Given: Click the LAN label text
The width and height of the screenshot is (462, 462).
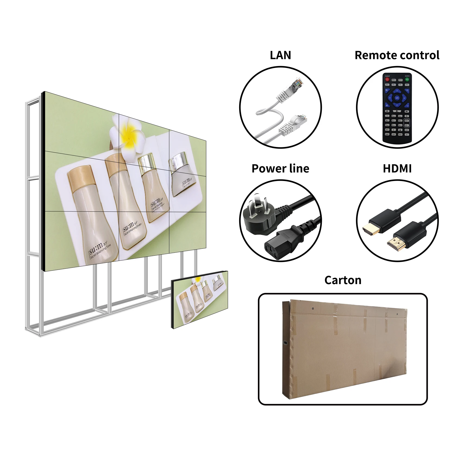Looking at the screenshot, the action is point(280,55).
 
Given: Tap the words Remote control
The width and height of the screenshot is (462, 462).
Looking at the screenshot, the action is point(397,55).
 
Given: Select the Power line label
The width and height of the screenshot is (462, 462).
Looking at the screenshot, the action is point(280,168).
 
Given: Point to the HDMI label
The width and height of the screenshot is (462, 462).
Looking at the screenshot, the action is point(397,168).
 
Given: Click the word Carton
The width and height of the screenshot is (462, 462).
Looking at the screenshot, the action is point(343,280).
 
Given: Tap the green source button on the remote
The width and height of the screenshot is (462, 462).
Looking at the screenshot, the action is point(407,79).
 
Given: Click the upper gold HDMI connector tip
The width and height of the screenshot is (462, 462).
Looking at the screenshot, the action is point(371,230).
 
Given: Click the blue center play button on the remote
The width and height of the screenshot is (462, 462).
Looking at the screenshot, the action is point(397,98).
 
